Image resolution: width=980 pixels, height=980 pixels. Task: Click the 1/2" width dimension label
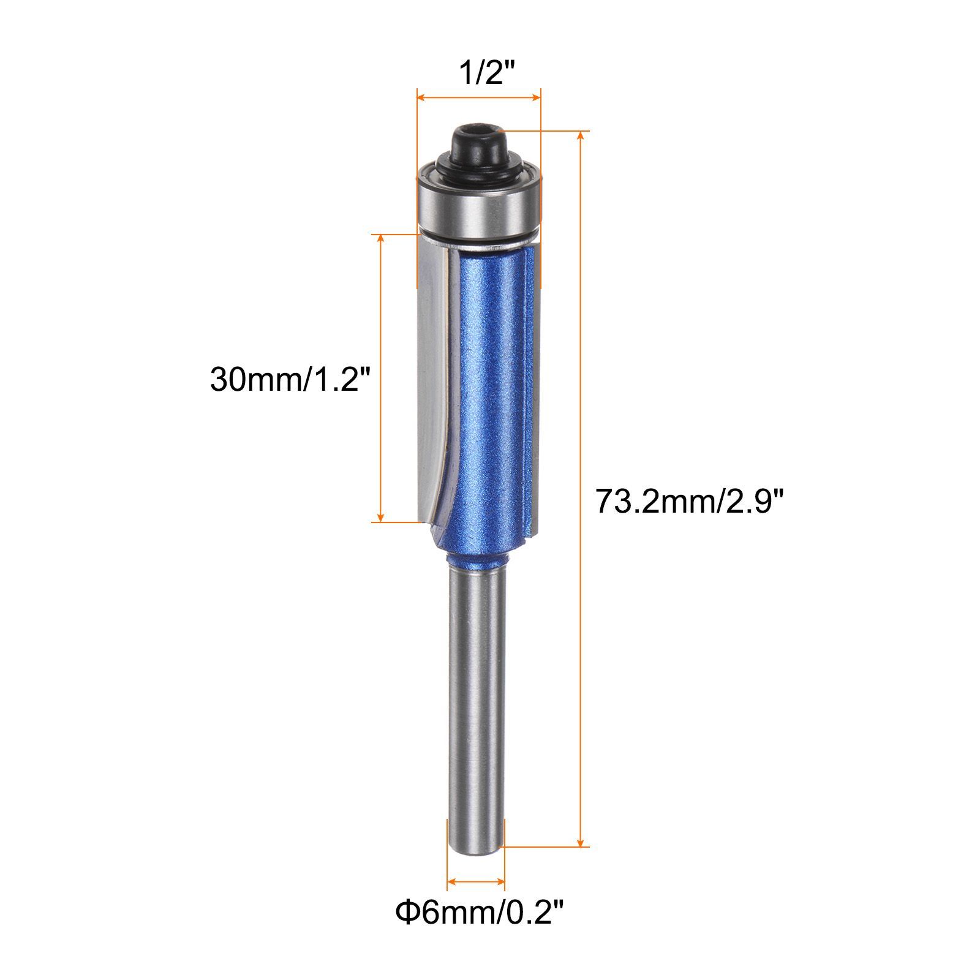click(x=480, y=74)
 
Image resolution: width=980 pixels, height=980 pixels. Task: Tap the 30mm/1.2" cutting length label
click(x=290, y=379)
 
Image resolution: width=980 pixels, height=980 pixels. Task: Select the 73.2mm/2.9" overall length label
click(x=690, y=502)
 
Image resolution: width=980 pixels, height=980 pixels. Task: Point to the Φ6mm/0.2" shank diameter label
click(x=479, y=931)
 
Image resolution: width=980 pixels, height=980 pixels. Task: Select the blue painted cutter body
click(x=490, y=398)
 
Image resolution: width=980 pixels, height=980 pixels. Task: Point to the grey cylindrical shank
click(x=477, y=710)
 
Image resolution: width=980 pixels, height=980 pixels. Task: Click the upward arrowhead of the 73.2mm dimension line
click(x=581, y=137)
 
